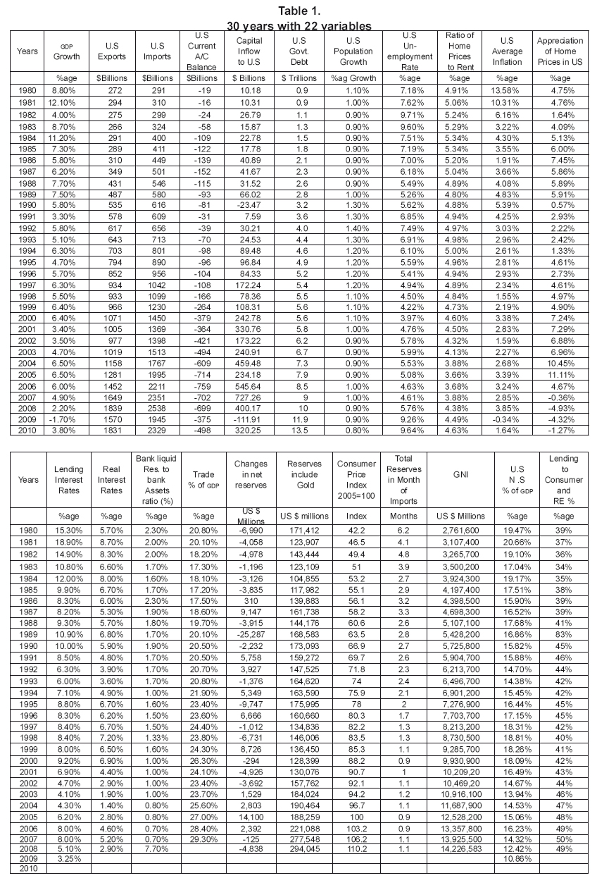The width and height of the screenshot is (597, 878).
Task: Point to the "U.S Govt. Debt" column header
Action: point(300,51)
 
